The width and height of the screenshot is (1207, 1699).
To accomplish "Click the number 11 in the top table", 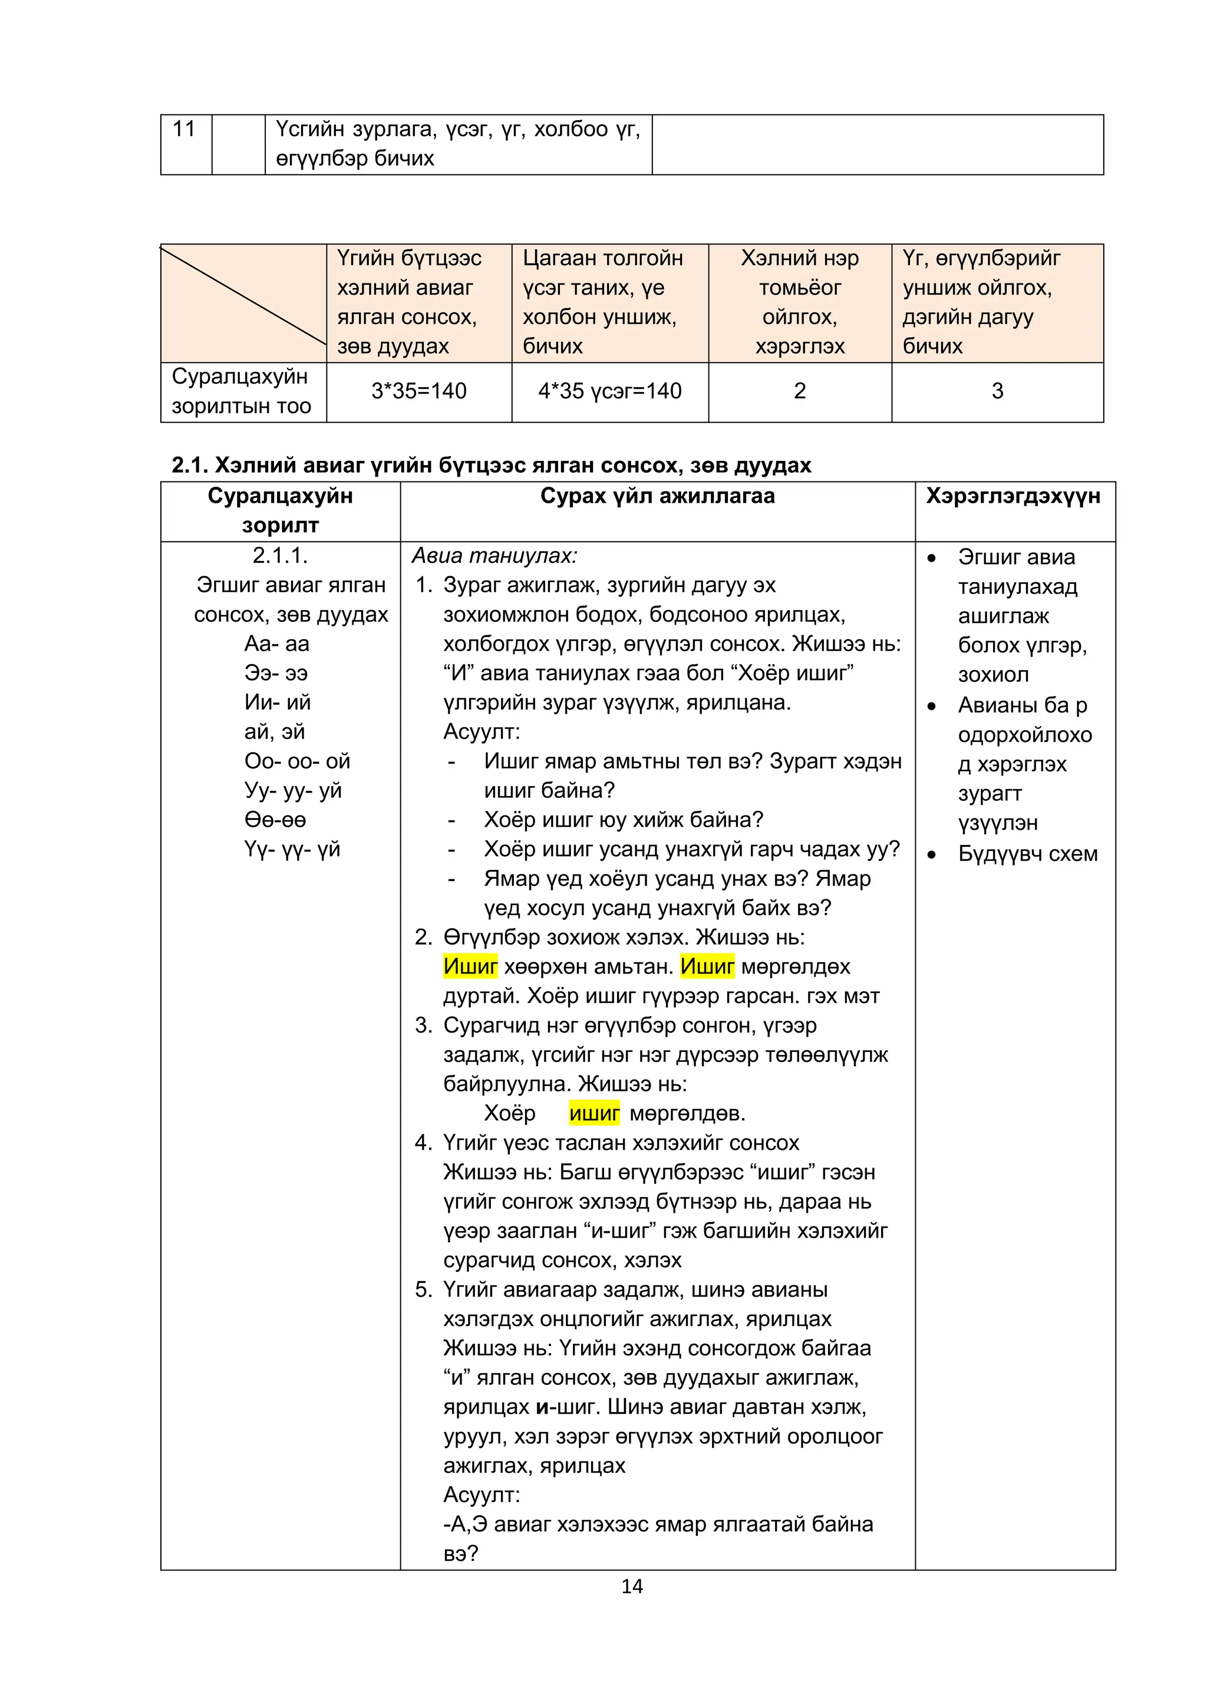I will (x=183, y=129).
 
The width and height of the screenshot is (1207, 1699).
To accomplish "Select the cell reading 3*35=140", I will (x=418, y=391).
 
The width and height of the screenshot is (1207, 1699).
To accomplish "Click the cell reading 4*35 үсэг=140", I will (x=609, y=391).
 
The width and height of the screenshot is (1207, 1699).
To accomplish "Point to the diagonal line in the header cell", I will (x=243, y=295).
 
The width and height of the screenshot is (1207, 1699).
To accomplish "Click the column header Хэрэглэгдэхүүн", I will (x=1013, y=496).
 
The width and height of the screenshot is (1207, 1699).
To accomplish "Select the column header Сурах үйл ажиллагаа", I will (x=657, y=496).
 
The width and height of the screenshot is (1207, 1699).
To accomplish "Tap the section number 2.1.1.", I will (x=280, y=555).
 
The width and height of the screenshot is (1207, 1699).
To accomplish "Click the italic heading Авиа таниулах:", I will (x=494, y=555).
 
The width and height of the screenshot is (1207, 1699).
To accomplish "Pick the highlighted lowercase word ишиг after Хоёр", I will (x=594, y=1113).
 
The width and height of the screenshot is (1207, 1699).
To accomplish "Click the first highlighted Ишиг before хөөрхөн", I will (x=470, y=966).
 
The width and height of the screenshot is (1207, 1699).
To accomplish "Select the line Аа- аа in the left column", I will (x=276, y=644).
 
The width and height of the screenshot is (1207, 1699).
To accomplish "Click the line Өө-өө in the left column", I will (x=275, y=820).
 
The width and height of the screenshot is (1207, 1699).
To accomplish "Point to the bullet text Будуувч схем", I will (x=1027, y=854).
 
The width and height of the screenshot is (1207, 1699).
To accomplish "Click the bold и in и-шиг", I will (x=542, y=1407).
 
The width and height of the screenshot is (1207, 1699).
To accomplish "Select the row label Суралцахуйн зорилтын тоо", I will (x=241, y=391).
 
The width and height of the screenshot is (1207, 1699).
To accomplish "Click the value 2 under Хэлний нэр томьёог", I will (x=800, y=391).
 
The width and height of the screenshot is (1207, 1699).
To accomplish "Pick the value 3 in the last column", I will (x=997, y=391).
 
